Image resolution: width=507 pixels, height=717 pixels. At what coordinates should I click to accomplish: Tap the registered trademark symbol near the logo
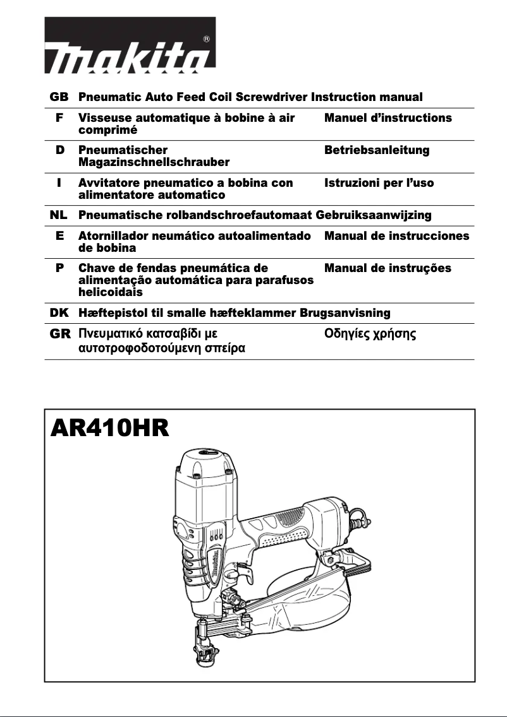207,39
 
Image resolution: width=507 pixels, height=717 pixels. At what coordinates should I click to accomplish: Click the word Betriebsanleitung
376,150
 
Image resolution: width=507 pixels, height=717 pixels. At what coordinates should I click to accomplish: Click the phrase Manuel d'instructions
388,118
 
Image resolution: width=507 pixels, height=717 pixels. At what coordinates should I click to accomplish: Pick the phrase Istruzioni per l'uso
379,183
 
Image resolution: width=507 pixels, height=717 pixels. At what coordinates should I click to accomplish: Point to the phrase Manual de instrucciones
396,236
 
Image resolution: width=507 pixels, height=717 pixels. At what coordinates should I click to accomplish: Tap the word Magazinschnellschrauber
154,163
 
